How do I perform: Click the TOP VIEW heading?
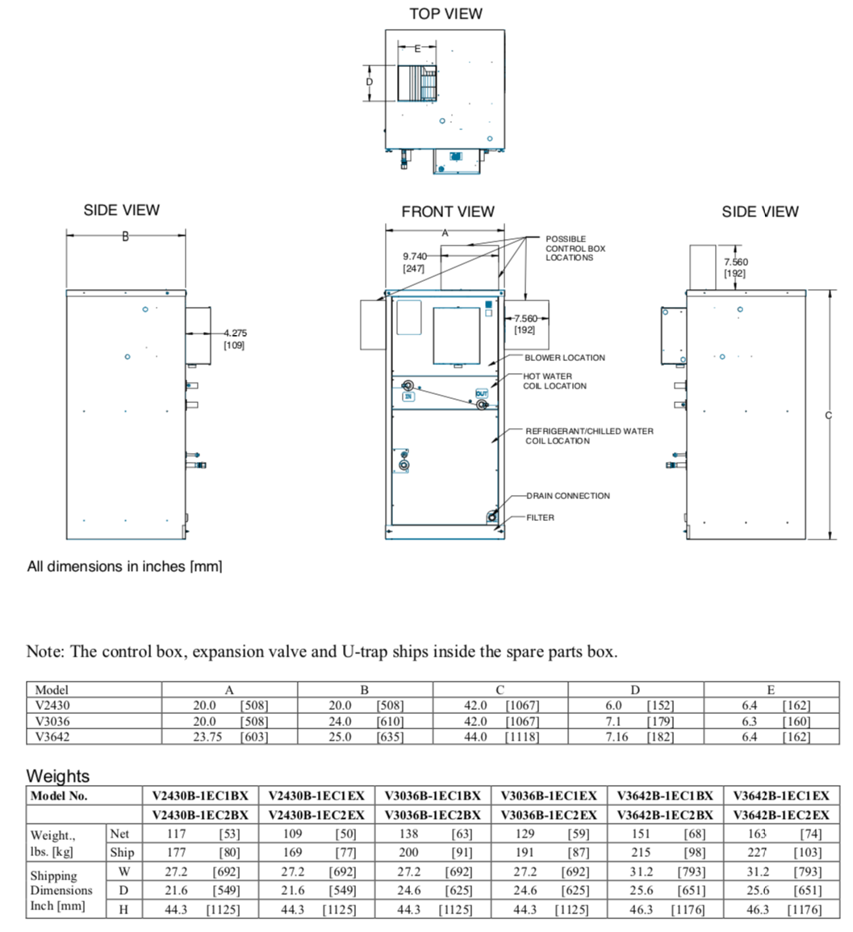tap(445, 14)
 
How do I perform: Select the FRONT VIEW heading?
tap(447, 212)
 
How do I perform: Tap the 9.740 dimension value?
tap(415, 256)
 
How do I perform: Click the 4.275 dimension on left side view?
tap(235, 333)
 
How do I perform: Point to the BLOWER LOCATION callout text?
tap(564, 358)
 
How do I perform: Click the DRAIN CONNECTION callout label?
tap(568, 496)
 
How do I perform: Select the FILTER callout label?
tap(541, 518)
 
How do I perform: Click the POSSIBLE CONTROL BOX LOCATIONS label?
tap(575, 248)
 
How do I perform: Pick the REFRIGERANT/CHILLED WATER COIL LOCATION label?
tap(588, 436)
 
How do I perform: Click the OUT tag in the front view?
tap(482, 393)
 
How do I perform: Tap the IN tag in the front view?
tap(408, 397)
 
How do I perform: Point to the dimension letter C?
tap(829, 415)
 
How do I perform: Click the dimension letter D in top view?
tap(370, 82)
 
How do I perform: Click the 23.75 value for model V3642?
tap(207, 737)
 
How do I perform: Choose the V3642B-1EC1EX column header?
tap(780, 796)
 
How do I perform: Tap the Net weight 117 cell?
tap(176, 833)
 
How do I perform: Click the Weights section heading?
tap(58, 776)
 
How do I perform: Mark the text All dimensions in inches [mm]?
tap(124, 566)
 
